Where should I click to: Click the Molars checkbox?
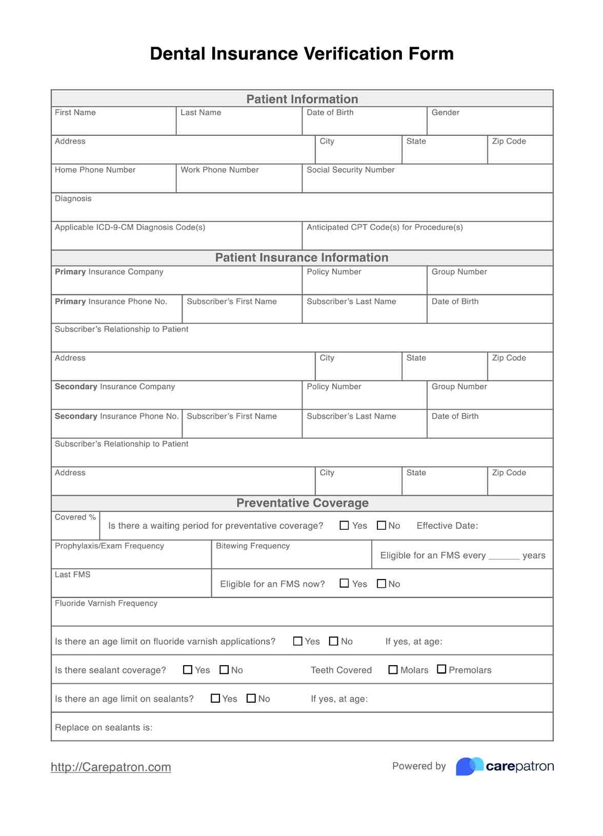coord(393,670)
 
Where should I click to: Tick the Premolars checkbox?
coord(441,669)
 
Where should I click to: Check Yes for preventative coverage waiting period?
coord(345,526)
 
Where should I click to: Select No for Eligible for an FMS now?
coord(381,584)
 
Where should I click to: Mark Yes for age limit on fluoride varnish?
coord(297,641)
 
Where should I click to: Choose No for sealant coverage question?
coord(224,670)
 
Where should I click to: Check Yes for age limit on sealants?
coord(215,699)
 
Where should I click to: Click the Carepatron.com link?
coord(111,767)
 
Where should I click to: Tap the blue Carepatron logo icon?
coord(469,766)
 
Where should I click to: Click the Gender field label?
coord(445,112)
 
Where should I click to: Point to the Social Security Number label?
coord(350,170)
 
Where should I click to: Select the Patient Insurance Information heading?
coord(301,257)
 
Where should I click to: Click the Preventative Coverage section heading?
coord(302,503)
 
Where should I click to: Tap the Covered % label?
coord(75,517)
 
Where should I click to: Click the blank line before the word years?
coord(504,556)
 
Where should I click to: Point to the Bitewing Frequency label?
coord(253,546)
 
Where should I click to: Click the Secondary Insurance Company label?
coord(115,387)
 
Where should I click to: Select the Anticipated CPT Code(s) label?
coord(385,227)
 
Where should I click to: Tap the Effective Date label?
coord(447,526)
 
